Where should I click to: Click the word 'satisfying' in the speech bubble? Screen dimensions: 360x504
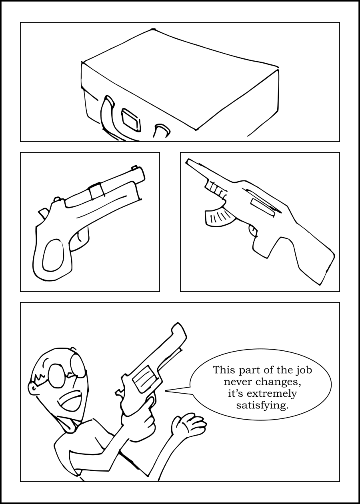262,406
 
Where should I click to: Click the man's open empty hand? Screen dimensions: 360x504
188,424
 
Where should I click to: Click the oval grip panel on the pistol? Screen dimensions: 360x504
53,255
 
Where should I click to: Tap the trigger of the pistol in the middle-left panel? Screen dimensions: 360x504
79,236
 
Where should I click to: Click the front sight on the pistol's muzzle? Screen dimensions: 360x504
134,167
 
